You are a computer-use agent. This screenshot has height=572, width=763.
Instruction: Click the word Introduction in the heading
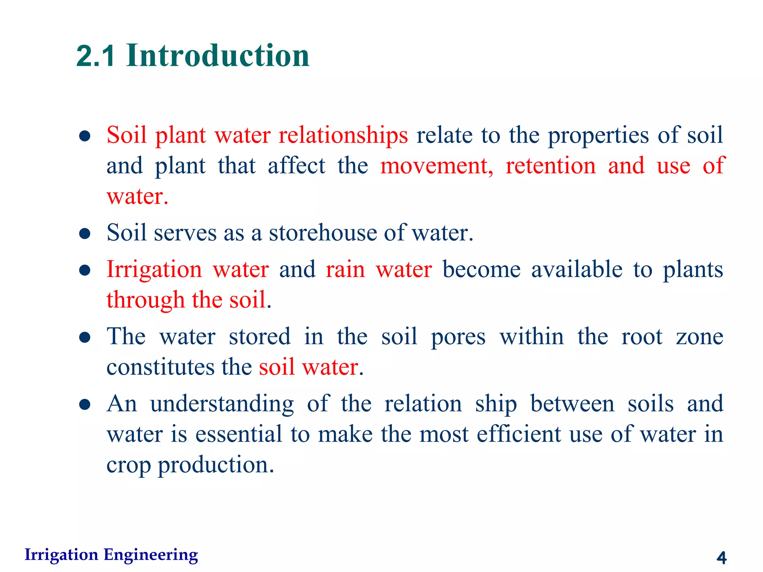pos(218,56)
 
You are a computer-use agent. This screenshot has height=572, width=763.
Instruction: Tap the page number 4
pos(721,557)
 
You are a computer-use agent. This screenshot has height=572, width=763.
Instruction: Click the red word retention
pos(550,166)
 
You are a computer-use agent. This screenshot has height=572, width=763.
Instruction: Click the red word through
pos(145,300)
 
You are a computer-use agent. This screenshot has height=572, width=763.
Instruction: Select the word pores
pos(458,337)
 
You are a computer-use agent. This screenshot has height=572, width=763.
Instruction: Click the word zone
pos(699,337)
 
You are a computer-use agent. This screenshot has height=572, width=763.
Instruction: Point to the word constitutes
pos(161,367)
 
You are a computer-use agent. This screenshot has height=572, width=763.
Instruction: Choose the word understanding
pos(222,404)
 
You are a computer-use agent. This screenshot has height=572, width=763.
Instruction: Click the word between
pos(572,404)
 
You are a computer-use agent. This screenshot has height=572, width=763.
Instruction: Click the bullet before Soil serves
pos(85,234)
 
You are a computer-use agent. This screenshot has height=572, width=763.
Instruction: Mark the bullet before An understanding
pos(85,405)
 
